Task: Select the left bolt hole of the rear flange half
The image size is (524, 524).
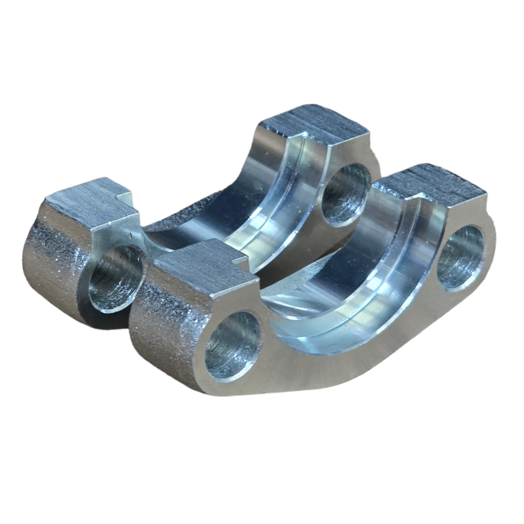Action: [116, 279]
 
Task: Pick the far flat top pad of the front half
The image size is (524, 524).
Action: [432, 183]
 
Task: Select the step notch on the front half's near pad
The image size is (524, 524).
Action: [240, 260]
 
